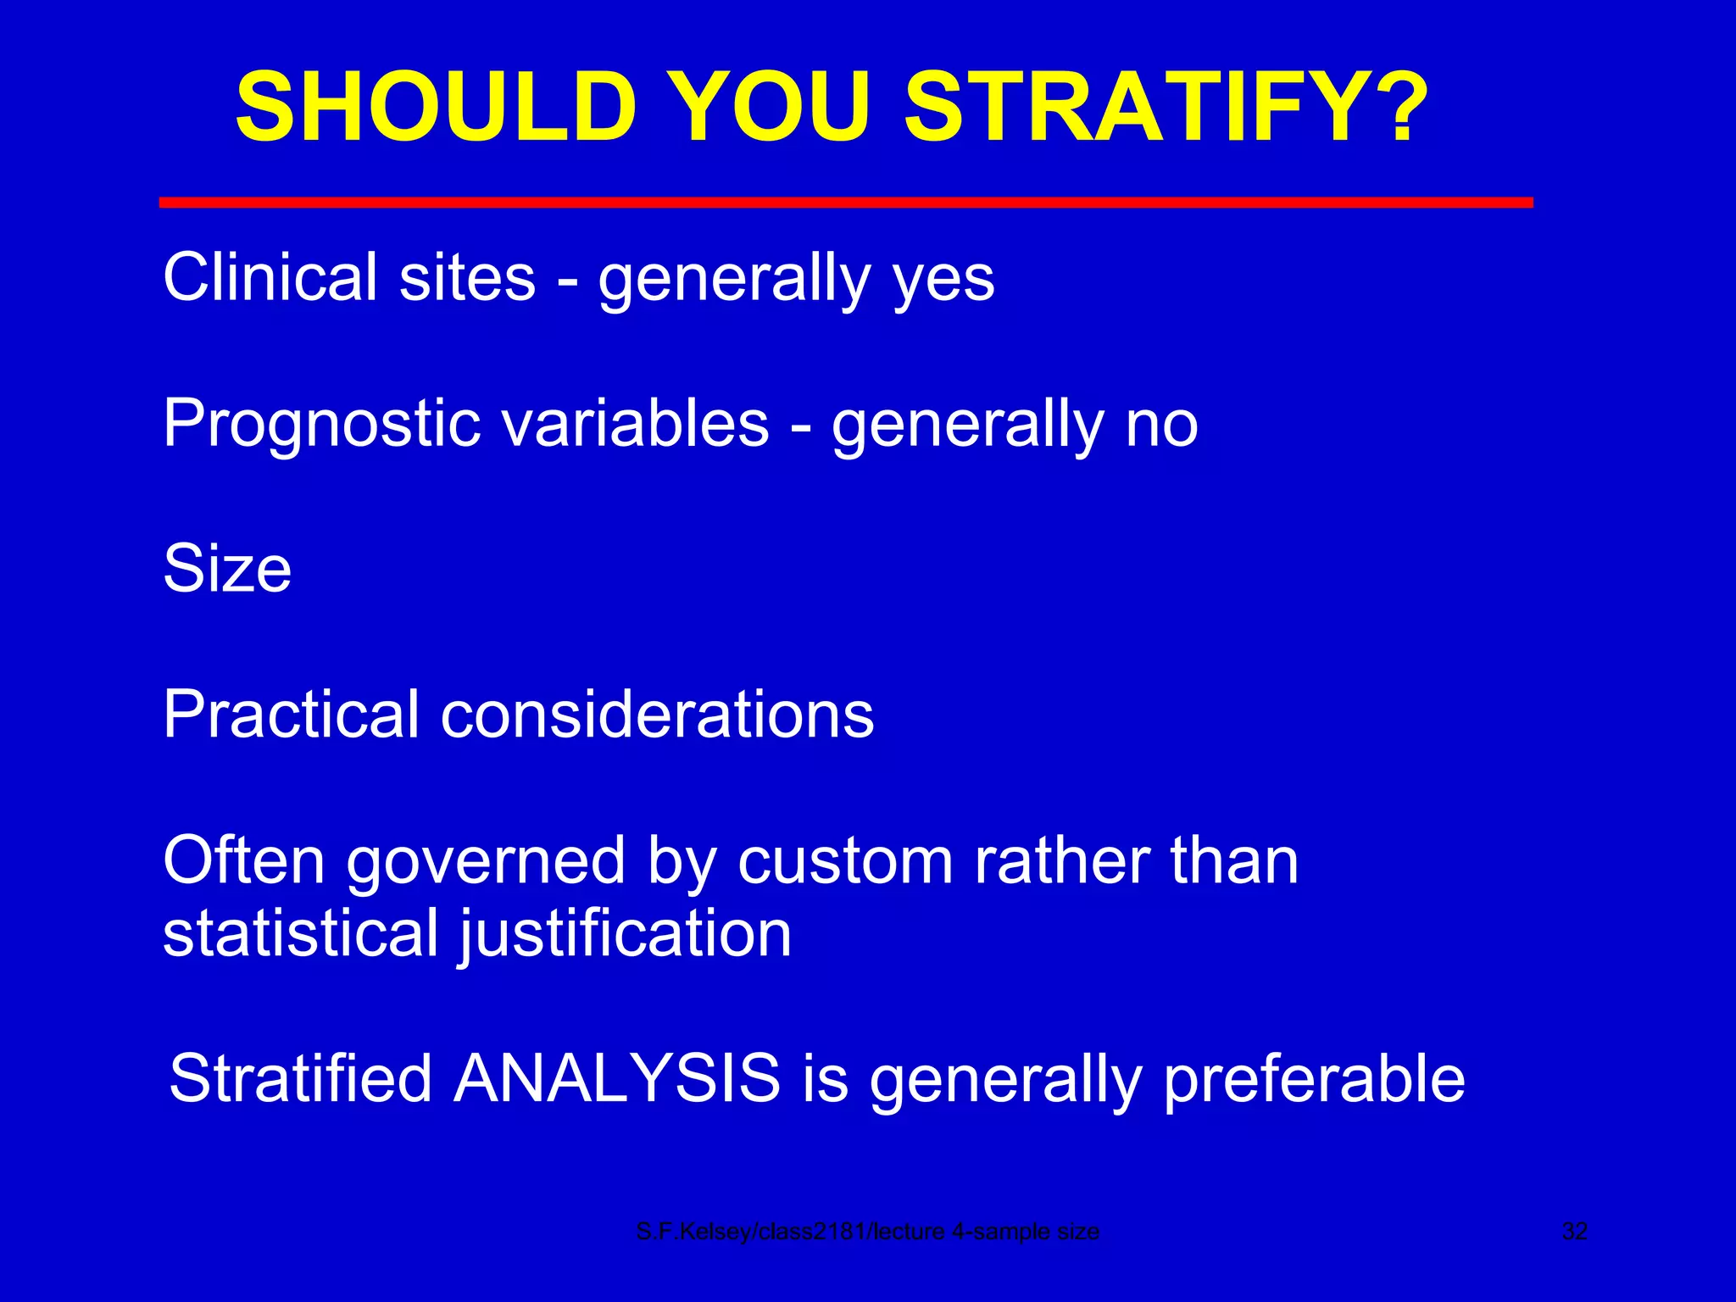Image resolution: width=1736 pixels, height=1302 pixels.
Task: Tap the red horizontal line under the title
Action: point(846,202)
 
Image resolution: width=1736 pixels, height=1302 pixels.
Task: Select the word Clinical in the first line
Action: point(270,276)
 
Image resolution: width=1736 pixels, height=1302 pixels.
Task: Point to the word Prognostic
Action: point(320,424)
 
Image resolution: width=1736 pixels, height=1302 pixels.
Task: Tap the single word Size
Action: point(227,568)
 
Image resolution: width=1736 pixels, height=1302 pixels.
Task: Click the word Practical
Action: point(291,714)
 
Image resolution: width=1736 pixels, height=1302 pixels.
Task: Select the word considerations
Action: point(657,714)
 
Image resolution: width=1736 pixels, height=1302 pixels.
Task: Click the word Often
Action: point(243,860)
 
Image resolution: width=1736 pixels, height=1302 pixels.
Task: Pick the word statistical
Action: point(300,932)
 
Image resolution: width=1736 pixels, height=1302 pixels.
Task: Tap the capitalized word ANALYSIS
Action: point(616,1078)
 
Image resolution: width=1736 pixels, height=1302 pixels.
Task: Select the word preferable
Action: point(1313,1080)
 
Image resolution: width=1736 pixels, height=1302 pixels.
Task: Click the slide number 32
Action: point(1574,1232)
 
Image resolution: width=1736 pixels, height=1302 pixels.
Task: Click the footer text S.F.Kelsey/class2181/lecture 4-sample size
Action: point(867,1232)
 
